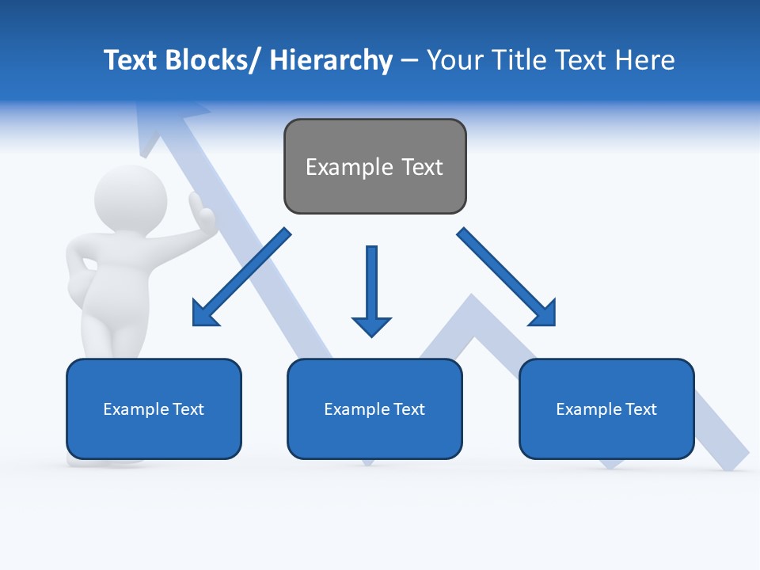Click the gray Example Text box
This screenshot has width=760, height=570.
pos(374,166)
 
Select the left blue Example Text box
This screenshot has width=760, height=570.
pos(154,408)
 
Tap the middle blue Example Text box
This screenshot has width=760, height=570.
pos(374,408)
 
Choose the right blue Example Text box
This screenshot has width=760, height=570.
pos(606,408)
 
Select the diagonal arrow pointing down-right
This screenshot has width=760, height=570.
pos(507,278)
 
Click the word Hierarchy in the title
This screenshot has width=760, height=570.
pos(331,60)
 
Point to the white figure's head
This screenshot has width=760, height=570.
pos(131,199)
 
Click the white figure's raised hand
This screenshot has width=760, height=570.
pos(200,211)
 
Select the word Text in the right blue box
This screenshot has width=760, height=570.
pos(641,409)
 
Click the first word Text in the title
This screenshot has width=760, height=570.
pos(131,60)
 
